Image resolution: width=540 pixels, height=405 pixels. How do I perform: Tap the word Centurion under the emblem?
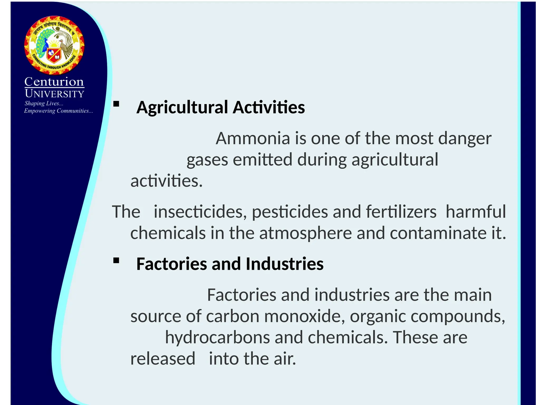[x=54, y=82]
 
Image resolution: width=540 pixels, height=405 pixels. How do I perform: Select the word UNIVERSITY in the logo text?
[x=55, y=94]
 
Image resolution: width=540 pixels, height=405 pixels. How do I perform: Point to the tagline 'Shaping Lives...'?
[x=44, y=103]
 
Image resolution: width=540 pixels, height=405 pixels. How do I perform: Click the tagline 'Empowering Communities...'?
[x=58, y=111]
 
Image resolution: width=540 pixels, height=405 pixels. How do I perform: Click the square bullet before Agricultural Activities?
[x=116, y=104]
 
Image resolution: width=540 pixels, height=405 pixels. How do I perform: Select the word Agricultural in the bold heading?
[x=182, y=108]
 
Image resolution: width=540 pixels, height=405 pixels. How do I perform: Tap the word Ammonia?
[x=253, y=138]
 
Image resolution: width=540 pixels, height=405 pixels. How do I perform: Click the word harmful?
[x=476, y=212]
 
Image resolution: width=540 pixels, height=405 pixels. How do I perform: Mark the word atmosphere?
[x=305, y=233]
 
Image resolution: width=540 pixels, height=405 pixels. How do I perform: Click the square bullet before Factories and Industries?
[x=116, y=261]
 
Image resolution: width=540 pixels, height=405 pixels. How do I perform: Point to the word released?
[x=163, y=359]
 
